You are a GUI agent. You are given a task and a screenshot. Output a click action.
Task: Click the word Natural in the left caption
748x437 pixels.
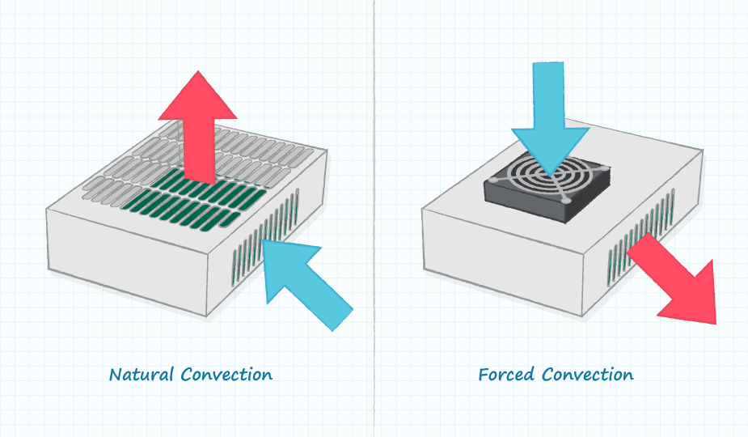pyautogui.click(x=142, y=375)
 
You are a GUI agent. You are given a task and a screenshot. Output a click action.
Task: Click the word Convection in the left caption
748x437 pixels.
pyautogui.click(x=227, y=375)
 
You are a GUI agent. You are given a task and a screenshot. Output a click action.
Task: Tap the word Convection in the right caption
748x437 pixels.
pyautogui.click(x=588, y=375)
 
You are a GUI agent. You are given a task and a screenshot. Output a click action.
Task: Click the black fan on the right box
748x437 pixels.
pyautogui.click(x=547, y=190)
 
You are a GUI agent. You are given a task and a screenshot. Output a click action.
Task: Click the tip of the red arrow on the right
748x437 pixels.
pyautogui.click(x=715, y=322)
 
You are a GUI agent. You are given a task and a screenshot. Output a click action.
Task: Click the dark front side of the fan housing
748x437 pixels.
pyautogui.click(x=526, y=208)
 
